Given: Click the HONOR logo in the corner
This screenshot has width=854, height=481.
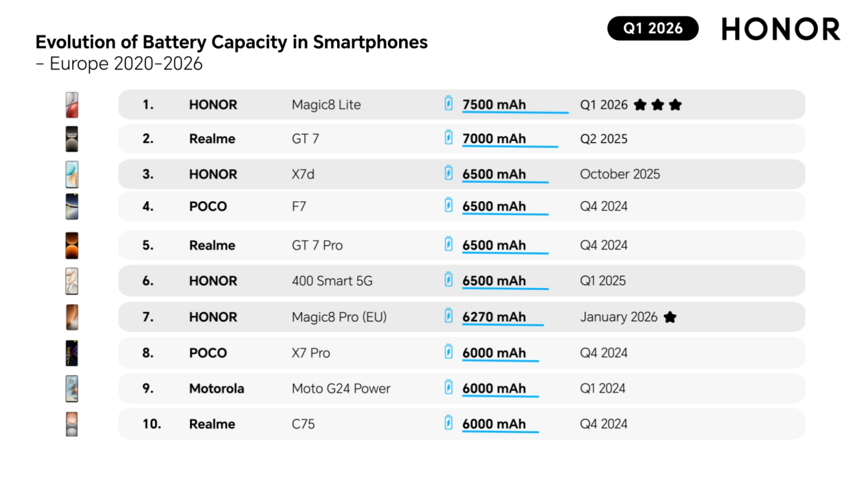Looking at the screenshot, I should pos(781,29).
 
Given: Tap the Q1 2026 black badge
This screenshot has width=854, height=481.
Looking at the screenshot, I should pos(653,28).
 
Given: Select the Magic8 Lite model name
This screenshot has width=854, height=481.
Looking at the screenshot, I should pos(326,105).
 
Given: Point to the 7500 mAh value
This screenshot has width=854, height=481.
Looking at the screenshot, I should pos(494,105).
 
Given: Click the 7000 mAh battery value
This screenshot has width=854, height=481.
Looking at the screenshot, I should pos(494,139).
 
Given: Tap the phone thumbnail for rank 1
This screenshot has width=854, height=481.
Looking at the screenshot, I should pos(72,105).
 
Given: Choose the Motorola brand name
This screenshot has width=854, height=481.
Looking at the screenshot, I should pos(216,389).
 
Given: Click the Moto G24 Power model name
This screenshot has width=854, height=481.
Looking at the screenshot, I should pos(341,389).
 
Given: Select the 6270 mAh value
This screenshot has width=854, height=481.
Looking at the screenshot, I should pos(494,317).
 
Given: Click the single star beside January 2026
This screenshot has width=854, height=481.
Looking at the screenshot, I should pos(670,317).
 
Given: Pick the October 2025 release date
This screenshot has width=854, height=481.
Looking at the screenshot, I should pos(620,174).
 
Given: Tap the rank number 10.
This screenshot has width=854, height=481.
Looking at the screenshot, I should pos(151,424).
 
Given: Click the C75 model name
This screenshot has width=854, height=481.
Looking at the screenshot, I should pos(304,424).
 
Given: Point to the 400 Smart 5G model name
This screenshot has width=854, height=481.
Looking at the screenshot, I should pos(332,281).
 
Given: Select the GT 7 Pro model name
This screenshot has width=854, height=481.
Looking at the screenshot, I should pos(317,246).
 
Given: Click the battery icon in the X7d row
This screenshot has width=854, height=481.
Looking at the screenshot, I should pos(449,173).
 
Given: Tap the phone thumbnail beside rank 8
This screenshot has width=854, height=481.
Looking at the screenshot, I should pos(72,353).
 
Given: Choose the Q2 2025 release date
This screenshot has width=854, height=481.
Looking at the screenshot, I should pos(604,139).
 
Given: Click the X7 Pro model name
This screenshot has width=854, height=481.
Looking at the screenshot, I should pos(311,353).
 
